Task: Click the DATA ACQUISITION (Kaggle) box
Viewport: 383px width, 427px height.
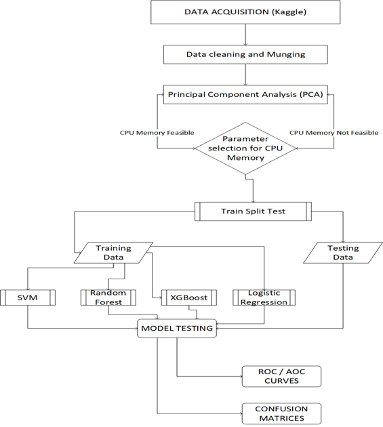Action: (245, 12)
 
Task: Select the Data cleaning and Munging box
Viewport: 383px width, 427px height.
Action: (245, 54)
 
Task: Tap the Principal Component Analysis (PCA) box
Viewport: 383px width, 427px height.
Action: (245, 94)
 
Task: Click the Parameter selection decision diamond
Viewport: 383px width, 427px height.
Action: (245, 148)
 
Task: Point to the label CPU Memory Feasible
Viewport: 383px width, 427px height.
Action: (157, 133)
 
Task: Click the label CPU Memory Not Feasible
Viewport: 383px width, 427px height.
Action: (334, 133)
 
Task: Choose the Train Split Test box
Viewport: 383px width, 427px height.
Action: (253, 211)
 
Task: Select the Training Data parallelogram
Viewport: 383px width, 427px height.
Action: (113, 253)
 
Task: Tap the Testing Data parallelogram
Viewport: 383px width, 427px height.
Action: (343, 253)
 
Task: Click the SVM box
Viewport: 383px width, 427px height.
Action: (28, 298)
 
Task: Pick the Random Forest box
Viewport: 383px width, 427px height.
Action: (108, 298)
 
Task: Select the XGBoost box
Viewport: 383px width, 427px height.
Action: (189, 298)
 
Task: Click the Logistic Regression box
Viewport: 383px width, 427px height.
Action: (264, 298)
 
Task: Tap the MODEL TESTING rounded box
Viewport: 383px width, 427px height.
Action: (177, 329)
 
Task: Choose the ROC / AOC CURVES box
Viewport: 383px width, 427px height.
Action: (282, 376)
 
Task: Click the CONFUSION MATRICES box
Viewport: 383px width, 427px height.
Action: (282, 413)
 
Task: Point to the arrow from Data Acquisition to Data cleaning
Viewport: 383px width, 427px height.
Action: (245, 35)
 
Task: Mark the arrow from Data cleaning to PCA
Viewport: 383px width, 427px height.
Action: (245, 75)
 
